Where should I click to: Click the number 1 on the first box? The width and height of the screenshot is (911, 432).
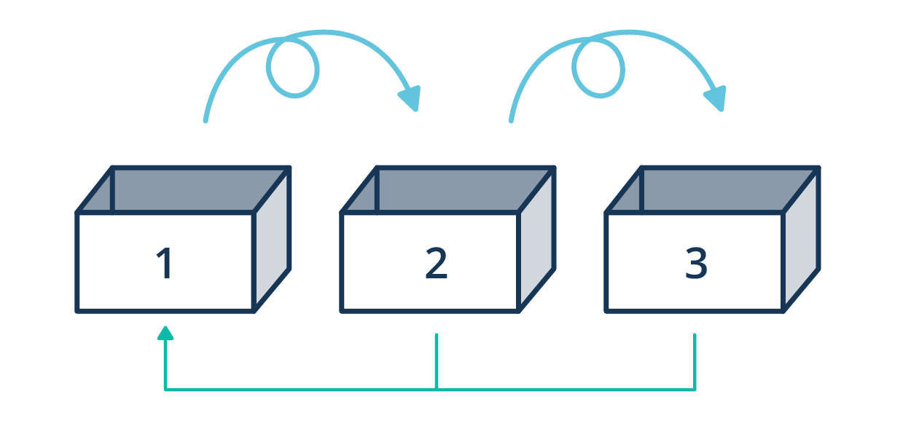coord(165,264)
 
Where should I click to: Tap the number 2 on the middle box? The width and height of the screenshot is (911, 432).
coord(436,264)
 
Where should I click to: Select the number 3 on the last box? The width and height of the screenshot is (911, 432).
coord(696,264)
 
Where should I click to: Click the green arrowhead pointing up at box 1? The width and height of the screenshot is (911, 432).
coord(165,333)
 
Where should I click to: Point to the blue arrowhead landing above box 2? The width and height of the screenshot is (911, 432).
coord(410,98)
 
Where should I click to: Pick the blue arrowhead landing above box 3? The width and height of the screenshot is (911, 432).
coord(716,98)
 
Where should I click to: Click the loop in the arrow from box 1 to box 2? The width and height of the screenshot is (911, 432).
coord(293,68)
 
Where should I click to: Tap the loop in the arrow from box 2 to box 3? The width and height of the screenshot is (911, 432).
coord(598,68)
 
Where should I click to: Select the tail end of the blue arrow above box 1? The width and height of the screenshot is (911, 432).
coord(206,119)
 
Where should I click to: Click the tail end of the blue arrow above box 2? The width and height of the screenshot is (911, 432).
coord(511,119)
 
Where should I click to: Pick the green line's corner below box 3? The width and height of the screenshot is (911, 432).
coord(695,389)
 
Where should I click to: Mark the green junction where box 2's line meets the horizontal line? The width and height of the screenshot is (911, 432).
coord(436,389)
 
